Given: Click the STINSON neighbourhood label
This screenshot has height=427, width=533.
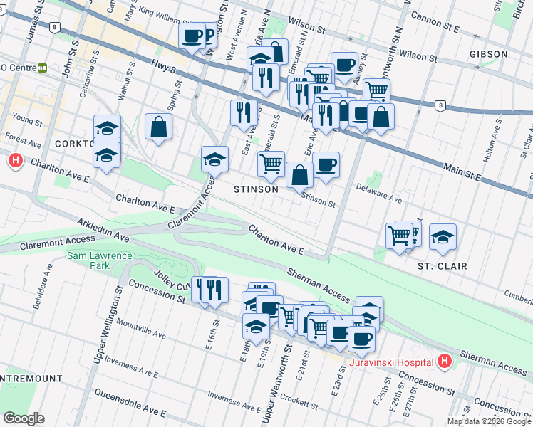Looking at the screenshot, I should (x=257, y=190).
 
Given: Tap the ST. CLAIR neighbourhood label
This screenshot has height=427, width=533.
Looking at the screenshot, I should (x=442, y=266).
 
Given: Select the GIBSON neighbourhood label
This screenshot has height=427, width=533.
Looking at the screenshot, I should (x=488, y=54).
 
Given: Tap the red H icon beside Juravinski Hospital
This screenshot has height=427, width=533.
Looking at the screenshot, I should (x=445, y=362).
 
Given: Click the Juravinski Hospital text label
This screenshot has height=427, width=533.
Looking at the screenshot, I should (x=393, y=362).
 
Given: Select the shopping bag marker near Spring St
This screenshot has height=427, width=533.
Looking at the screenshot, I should (x=158, y=127).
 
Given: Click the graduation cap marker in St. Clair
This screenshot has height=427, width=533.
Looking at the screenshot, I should (x=443, y=237).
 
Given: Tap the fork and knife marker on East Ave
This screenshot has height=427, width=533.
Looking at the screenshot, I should (x=244, y=112).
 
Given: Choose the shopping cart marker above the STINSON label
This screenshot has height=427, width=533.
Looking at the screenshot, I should (x=271, y=164).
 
